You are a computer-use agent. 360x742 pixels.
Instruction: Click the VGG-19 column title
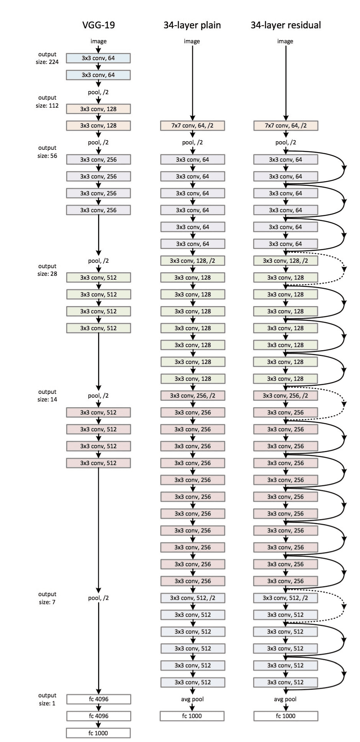pyautogui.click(x=98, y=25)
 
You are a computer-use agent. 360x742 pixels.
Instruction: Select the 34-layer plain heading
pyautogui.click(x=192, y=25)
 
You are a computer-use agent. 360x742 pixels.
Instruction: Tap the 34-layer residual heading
pyautogui.click(x=286, y=25)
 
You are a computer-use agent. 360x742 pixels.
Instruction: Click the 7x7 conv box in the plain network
pyautogui.click(x=192, y=126)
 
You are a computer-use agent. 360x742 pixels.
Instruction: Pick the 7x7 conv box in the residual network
pyautogui.click(x=286, y=126)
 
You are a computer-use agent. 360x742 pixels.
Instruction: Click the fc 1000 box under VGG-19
pyautogui.click(x=98, y=733)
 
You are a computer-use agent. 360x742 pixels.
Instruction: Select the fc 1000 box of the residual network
pyautogui.click(x=286, y=716)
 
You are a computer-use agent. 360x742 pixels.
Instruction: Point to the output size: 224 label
pyautogui.click(x=47, y=58)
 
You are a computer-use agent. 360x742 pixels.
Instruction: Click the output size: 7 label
pyautogui.click(x=47, y=598)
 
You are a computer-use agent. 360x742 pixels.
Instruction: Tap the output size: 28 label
pyautogui.click(x=47, y=270)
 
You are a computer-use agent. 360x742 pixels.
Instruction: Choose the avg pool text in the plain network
pyautogui.click(x=192, y=699)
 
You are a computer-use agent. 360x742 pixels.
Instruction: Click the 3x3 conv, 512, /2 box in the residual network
pyautogui.click(x=286, y=598)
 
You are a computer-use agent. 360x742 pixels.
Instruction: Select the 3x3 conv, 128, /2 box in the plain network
pyautogui.click(x=192, y=260)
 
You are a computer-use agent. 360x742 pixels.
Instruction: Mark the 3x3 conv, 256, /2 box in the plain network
pyautogui.click(x=192, y=395)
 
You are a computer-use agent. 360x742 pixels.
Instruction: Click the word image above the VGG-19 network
pyautogui.click(x=98, y=41)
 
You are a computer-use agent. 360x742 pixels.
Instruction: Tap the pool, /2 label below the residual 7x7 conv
pyautogui.click(x=286, y=143)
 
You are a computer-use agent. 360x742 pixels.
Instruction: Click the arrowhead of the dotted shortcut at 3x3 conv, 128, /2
pyautogui.click(x=344, y=269)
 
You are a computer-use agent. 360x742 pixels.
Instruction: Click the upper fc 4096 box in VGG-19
pyautogui.click(x=98, y=699)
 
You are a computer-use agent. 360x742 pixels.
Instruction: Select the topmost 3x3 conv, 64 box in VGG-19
pyautogui.click(x=98, y=58)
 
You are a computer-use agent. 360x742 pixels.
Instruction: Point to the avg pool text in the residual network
pyautogui.click(x=286, y=699)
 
